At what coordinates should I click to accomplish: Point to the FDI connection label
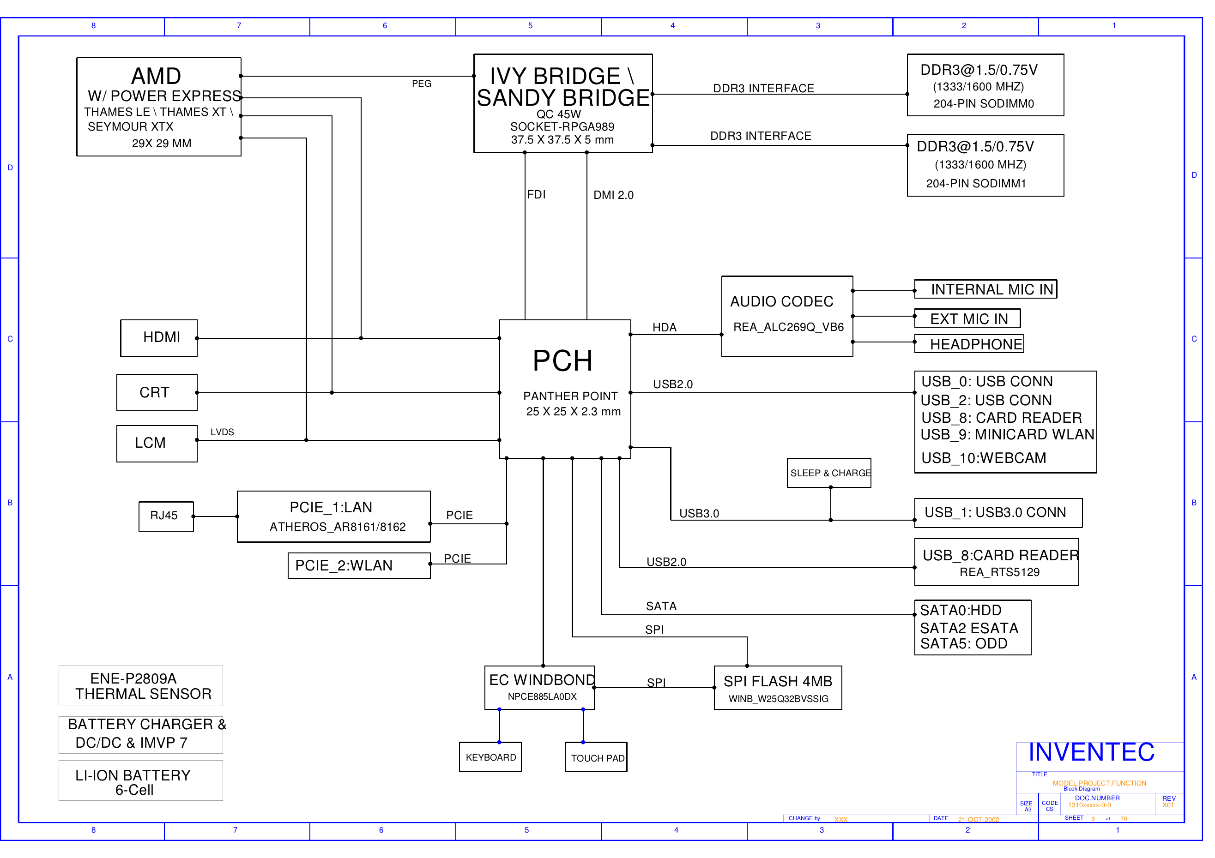click(536, 195)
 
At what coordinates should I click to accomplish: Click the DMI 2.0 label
click(613, 195)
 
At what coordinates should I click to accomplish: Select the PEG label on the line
click(421, 84)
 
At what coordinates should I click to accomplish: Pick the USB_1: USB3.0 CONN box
click(998, 513)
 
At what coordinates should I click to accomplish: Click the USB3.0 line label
click(699, 514)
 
